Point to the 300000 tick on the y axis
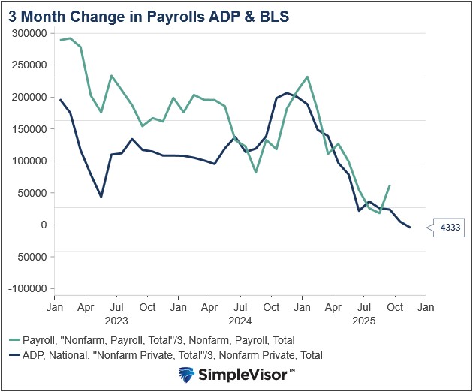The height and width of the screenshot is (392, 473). tap(31, 34)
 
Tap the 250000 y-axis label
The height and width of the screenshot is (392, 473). tap(31, 65)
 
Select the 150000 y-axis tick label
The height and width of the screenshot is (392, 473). tap(31, 129)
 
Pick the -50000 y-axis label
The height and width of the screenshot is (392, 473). tap(31, 257)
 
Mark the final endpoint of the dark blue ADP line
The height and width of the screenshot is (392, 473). tap(409, 228)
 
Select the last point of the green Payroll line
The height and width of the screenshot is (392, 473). tap(390, 185)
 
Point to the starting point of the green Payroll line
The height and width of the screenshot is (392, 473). tap(61, 40)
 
